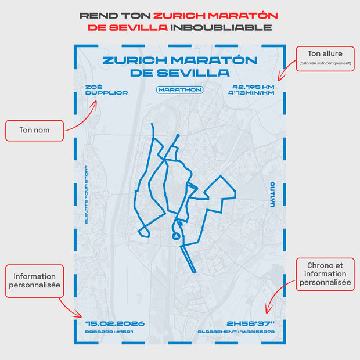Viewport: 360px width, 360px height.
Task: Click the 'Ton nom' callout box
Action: coord(34,131)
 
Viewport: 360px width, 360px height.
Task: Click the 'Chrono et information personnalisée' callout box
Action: coord(325,273)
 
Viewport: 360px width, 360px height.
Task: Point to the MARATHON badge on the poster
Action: coord(179,90)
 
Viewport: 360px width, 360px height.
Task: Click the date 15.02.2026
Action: coord(114,323)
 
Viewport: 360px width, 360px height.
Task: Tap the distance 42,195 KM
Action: coord(251,87)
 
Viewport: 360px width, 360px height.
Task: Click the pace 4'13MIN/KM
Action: coord(251,93)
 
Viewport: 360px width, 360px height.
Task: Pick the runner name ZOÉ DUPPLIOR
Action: coord(106,90)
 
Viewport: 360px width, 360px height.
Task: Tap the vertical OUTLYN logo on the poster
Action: coord(272,194)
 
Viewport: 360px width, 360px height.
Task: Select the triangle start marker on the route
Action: coord(174,236)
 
